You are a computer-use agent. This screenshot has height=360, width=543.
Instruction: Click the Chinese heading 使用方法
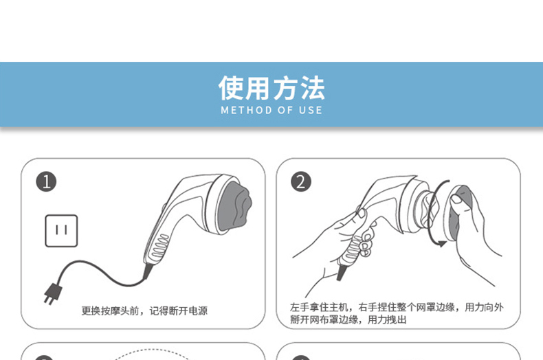pos(271,87)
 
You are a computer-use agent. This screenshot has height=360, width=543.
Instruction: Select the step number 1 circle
pos(46,182)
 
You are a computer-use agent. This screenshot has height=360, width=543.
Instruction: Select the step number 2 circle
pos(300,182)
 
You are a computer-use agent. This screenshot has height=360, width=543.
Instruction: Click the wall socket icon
pos(61,231)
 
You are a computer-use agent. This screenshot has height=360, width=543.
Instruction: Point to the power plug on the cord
pos(53,294)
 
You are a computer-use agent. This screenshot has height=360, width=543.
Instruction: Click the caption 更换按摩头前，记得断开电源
pos(144,311)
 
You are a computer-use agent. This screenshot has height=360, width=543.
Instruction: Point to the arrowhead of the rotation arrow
pos(441,244)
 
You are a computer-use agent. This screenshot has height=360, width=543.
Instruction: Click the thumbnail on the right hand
pos(457,199)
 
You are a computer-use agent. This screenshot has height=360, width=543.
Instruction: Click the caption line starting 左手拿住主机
pos(397,307)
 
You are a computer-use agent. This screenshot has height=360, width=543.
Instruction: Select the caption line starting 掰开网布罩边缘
pos(348,319)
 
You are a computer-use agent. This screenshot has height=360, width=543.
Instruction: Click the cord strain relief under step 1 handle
pos(148,271)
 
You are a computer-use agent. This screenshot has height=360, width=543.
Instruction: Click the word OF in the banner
pos(285,111)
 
